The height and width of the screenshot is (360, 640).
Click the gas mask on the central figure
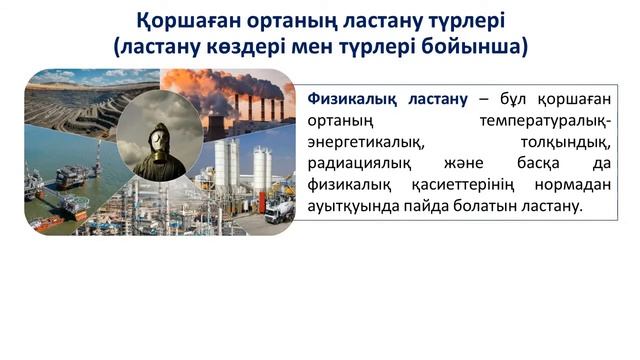tap(159, 137)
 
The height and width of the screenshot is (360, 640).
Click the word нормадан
tap(573, 185)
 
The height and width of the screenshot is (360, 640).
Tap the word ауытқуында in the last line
tap(351, 207)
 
